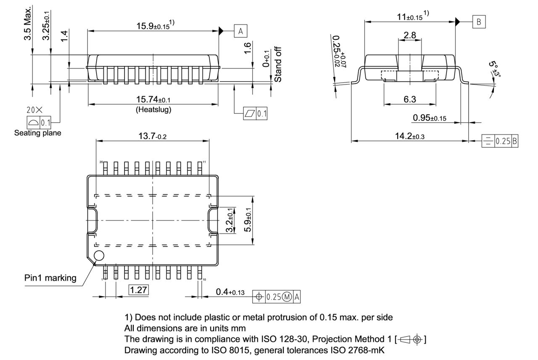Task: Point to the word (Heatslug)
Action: [x=153, y=110]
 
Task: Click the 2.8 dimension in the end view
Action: [x=409, y=36]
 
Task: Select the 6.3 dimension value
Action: [x=410, y=100]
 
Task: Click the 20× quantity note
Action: [x=34, y=110]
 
